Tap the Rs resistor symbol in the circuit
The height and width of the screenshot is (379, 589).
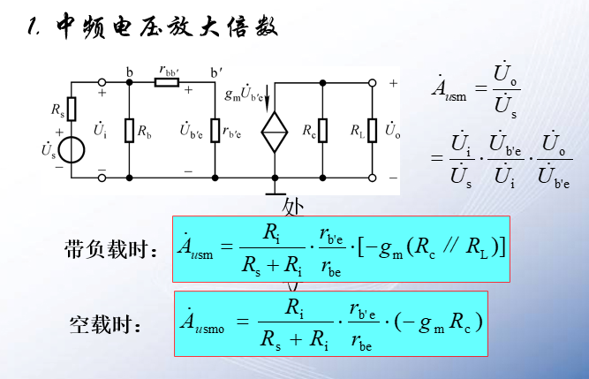pos(72,109)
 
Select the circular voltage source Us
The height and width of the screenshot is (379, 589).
pos(72,150)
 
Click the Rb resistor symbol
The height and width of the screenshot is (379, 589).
pos(129,131)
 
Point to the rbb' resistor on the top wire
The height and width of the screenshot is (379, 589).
pos(168,82)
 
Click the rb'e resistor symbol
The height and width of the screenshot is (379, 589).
pos(215,131)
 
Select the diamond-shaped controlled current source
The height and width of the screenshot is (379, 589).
pos(275,133)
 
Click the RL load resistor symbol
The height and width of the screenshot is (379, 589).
pos(372,131)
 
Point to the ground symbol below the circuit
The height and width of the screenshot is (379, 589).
pos(275,187)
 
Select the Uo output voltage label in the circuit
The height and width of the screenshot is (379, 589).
pos(393,131)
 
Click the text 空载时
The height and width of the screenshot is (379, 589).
pos(105,324)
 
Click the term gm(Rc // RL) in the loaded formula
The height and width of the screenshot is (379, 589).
pos(435,248)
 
